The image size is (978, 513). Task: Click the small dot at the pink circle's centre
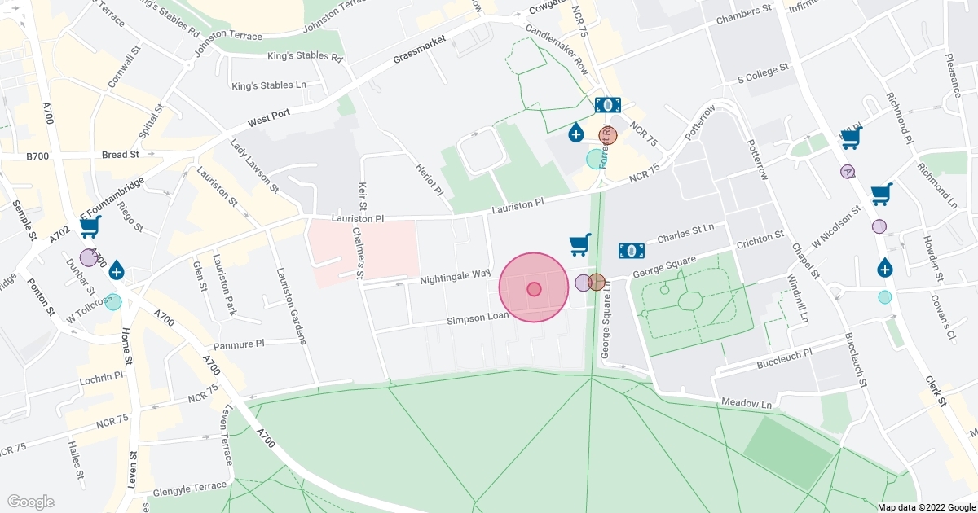[534, 288]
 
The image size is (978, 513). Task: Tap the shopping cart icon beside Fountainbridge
[90, 227]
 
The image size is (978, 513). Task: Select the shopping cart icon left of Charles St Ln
[579, 244]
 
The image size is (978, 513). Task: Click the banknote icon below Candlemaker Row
[607, 105]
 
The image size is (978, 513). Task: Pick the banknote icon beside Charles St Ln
[632, 250]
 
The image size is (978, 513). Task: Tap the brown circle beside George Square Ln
[597, 283]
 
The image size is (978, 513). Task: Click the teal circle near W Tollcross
[113, 302]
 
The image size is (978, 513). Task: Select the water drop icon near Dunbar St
[117, 270]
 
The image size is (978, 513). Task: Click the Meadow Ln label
[747, 403]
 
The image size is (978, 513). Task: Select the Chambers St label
[743, 15]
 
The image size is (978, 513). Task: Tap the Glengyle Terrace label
[190, 485]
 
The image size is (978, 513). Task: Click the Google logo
[30, 502]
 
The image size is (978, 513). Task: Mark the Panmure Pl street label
[262, 344]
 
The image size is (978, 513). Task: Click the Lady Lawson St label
[254, 167]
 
